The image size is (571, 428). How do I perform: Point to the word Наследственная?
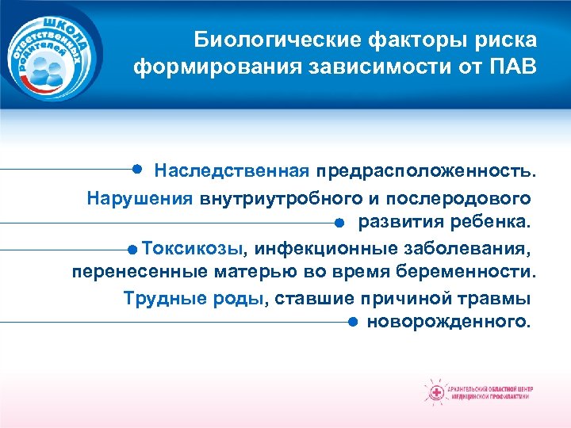pos(232,171)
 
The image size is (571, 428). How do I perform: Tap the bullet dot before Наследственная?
pos(137,170)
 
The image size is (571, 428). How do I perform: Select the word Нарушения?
pos(140,197)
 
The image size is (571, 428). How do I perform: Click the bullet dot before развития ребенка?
pos(338,222)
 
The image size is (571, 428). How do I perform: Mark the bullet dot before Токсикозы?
pos(132,248)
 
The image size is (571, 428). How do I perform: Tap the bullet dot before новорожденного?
pos(351,323)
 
